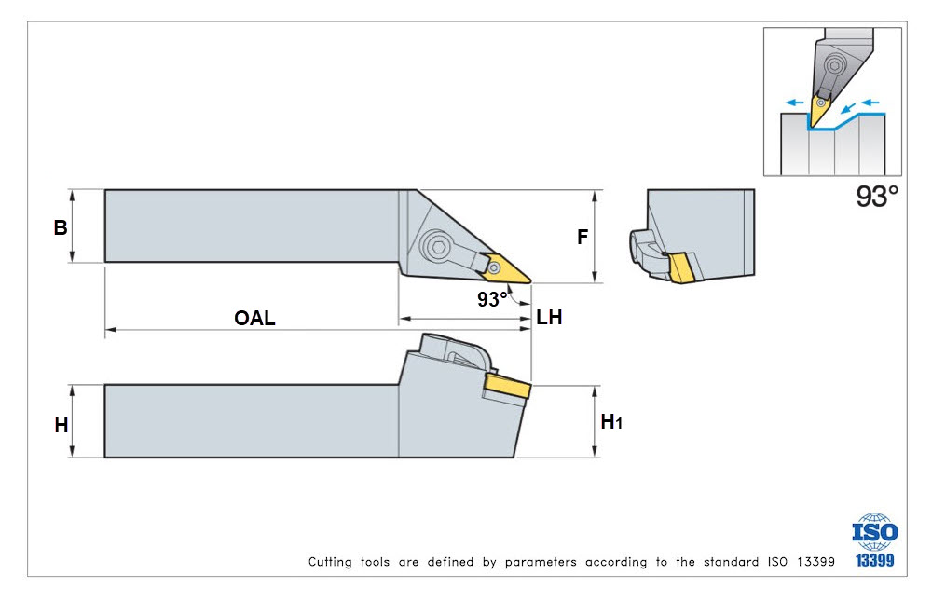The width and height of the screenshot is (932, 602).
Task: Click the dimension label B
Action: pyautogui.click(x=60, y=227)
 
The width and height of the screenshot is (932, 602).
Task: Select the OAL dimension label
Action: pyautogui.click(x=254, y=318)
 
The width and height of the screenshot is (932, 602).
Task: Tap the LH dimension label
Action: pyautogui.click(x=549, y=318)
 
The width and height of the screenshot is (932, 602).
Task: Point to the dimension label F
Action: pyautogui.click(x=582, y=237)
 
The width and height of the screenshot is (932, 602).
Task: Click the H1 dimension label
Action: pyautogui.click(x=611, y=422)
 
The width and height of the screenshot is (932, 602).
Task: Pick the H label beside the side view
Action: pyautogui.click(x=62, y=426)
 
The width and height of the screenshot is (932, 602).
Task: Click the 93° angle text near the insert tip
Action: pyautogui.click(x=492, y=298)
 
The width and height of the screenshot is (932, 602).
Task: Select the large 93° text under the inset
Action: pyautogui.click(x=877, y=196)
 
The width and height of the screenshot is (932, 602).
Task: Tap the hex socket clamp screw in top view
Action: pyautogui.click(x=438, y=247)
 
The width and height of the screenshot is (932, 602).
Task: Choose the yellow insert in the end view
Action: pyautogui.click(x=681, y=268)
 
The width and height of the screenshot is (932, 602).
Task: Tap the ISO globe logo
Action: pyautogui.click(x=874, y=531)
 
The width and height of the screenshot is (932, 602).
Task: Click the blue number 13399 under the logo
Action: pyautogui.click(x=874, y=560)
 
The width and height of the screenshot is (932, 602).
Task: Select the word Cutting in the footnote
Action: pyautogui.click(x=329, y=562)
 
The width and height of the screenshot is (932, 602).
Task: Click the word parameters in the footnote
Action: pyautogui.click(x=541, y=562)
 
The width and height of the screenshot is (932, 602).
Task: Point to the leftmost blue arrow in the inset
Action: pyautogui.click(x=794, y=103)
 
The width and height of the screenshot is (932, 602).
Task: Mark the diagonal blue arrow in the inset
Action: pyautogui.click(x=848, y=107)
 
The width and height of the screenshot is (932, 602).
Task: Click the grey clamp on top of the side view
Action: pyautogui.click(x=455, y=353)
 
